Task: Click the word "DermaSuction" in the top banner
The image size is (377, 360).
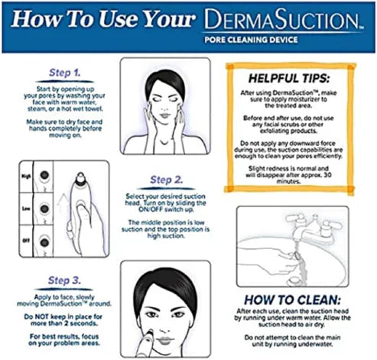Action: (x=286, y=19)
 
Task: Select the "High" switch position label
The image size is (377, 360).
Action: (x=25, y=177)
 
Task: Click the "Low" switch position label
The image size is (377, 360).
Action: (x=25, y=206)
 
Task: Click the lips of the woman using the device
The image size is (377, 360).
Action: (x=169, y=332)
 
